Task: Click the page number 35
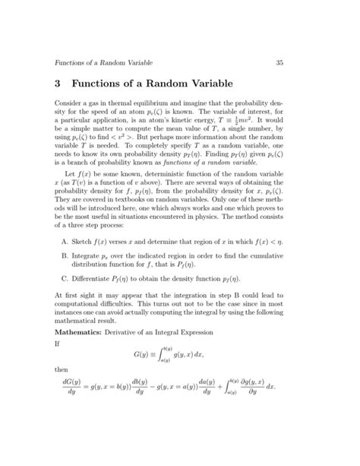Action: [x=279, y=62]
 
